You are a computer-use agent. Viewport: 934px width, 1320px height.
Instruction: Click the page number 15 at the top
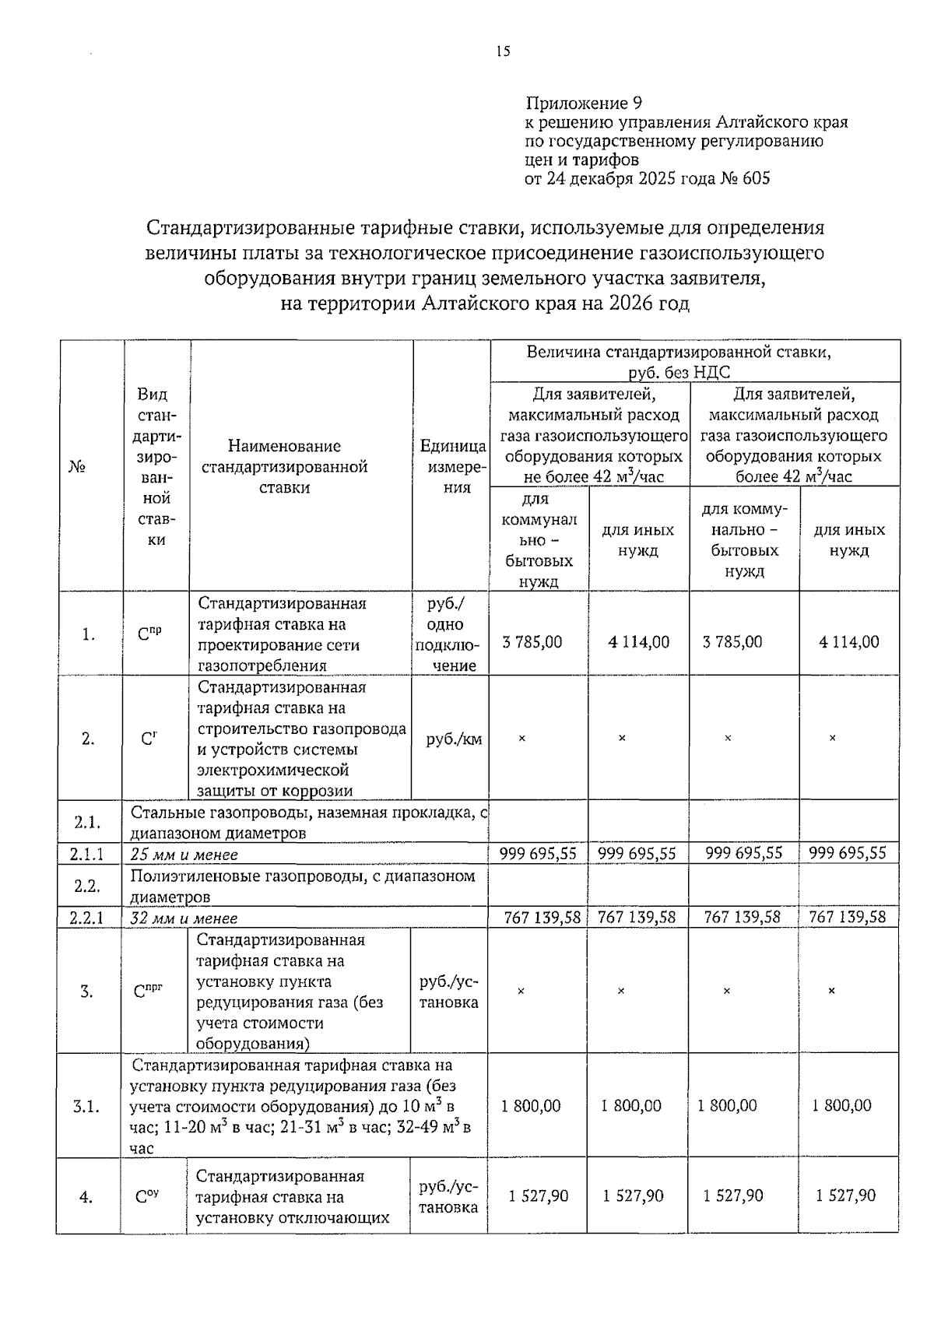pos(502,52)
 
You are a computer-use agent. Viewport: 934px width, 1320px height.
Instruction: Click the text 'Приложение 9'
pos(584,104)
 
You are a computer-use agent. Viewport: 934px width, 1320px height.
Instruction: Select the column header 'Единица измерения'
pos(452,466)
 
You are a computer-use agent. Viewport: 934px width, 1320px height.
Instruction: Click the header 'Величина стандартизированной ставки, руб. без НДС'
pos(679,361)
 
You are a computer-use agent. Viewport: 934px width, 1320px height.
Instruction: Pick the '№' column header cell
pos(75,466)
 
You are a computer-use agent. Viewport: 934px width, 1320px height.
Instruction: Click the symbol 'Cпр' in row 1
pos(149,634)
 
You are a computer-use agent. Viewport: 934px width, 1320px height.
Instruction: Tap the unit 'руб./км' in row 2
pos(454,739)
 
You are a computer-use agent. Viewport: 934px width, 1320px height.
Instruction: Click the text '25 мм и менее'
pos(184,854)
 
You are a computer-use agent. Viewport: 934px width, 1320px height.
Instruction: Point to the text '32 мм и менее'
pos(184,918)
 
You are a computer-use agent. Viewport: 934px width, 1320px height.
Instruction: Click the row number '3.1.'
pos(86,1106)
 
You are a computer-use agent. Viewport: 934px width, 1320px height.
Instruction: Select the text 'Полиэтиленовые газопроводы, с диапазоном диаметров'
pos(302,886)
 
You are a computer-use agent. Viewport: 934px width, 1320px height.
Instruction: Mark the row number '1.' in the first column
pos(88,634)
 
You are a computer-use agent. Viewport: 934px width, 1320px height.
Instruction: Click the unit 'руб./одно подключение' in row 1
pos(450,634)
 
